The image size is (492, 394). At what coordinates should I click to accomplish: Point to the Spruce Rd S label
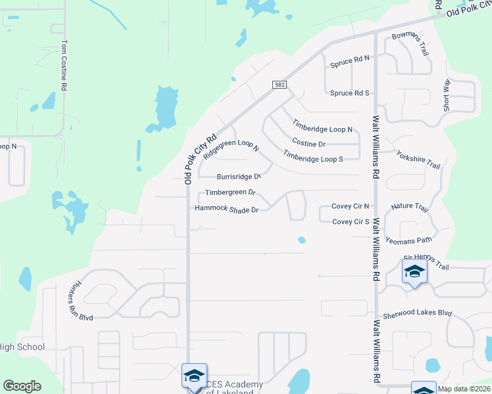click(x=350, y=93)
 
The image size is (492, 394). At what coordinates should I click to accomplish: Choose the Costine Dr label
click(x=308, y=143)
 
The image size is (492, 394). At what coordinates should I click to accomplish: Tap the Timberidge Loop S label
click(x=313, y=156)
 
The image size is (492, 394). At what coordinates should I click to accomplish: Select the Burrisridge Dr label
click(x=239, y=177)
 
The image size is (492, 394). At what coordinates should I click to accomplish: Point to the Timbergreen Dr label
click(x=230, y=192)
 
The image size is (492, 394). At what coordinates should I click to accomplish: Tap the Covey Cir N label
click(x=351, y=206)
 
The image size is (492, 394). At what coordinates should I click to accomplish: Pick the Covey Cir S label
click(x=351, y=221)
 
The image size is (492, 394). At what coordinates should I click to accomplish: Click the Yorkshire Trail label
click(x=418, y=159)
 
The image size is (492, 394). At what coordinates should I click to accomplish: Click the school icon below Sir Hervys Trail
click(x=414, y=272)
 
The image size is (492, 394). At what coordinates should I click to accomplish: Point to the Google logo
click(x=22, y=386)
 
